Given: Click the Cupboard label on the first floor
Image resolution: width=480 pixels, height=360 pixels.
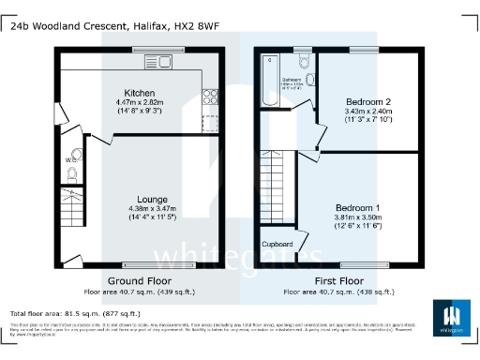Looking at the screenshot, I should (277, 244).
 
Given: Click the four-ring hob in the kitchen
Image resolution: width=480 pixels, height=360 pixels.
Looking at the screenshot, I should (208, 96).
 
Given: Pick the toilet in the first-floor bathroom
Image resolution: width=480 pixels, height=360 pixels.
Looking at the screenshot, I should (302, 63).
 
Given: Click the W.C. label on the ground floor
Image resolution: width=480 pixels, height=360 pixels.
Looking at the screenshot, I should (69, 159).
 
